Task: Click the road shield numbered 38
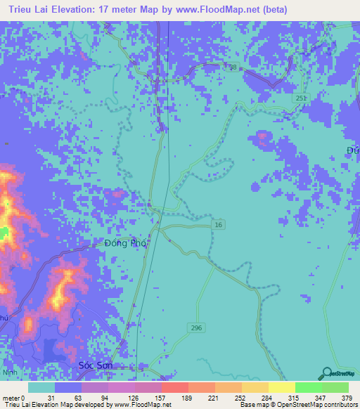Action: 232,68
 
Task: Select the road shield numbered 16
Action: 219,224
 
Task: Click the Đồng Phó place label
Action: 124,243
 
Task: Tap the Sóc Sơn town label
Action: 96,367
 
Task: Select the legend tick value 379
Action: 347,397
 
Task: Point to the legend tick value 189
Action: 187,397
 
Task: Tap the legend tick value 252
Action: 240,397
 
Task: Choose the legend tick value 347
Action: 320,397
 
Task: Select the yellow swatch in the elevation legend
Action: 281,387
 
